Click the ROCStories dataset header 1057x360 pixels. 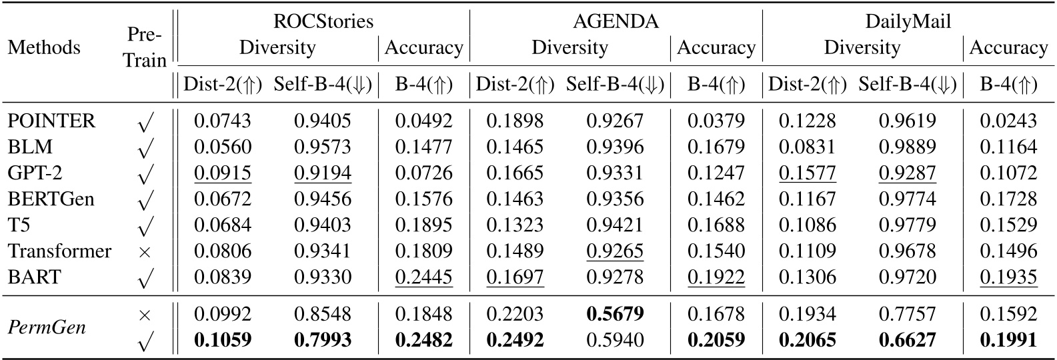[x=323, y=21]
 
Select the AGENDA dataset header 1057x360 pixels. [x=616, y=21]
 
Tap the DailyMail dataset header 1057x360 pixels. [x=908, y=21]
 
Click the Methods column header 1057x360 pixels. [x=44, y=47]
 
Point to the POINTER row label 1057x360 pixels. [x=51, y=121]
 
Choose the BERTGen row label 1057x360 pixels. [x=51, y=199]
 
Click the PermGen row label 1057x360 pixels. [x=47, y=327]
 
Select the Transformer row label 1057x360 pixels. [x=59, y=251]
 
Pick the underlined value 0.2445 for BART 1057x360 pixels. [x=423, y=277]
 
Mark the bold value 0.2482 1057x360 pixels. [x=423, y=341]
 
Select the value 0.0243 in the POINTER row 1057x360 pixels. [x=1008, y=121]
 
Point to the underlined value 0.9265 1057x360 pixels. [x=615, y=251]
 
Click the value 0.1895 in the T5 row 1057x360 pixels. [x=423, y=225]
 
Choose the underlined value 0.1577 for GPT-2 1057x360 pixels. [x=807, y=173]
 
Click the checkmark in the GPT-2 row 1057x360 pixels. [x=145, y=174]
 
